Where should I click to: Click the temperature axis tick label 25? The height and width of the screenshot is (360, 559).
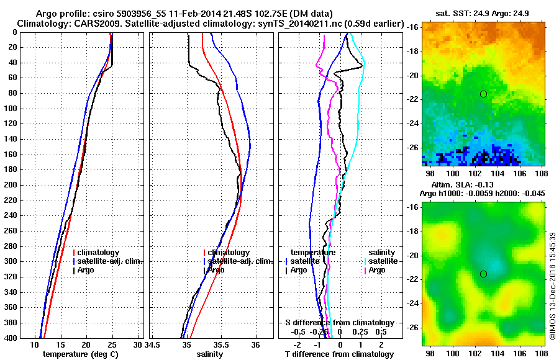[x=112, y=344]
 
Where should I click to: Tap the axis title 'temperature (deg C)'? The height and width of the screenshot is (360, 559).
[x=80, y=354]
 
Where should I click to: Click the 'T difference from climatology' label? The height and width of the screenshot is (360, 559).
[x=339, y=354]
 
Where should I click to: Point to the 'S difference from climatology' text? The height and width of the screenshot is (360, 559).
[x=339, y=323]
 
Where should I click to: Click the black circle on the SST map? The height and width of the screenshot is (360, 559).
[x=483, y=94]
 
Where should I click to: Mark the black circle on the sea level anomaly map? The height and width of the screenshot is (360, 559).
[x=483, y=274]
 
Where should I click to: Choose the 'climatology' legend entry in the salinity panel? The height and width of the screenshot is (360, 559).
[x=228, y=253]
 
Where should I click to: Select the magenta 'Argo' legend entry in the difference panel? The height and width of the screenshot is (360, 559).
[x=376, y=270]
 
